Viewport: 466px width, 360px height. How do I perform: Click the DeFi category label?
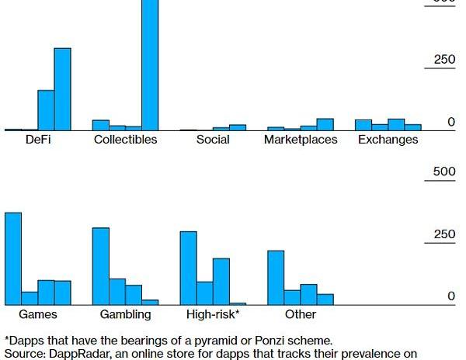coord(38,140)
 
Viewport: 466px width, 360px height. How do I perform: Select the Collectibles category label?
coord(125,140)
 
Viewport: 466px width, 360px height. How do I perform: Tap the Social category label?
coord(213,140)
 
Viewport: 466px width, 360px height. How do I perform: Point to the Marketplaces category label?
coord(301,140)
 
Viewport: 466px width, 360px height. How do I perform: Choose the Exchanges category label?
coord(388,140)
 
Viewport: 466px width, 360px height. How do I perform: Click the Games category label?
coord(38,314)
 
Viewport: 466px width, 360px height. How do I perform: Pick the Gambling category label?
coord(125,314)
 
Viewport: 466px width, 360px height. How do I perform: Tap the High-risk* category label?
coord(213,314)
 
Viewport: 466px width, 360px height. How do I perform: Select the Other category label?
coord(301,314)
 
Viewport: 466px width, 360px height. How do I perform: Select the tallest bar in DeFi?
coord(62,89)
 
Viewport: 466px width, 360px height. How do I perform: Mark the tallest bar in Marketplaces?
coord(325,124)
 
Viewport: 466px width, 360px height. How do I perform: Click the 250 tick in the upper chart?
coord(445,61)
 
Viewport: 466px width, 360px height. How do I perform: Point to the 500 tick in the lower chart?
coord(444,171)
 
